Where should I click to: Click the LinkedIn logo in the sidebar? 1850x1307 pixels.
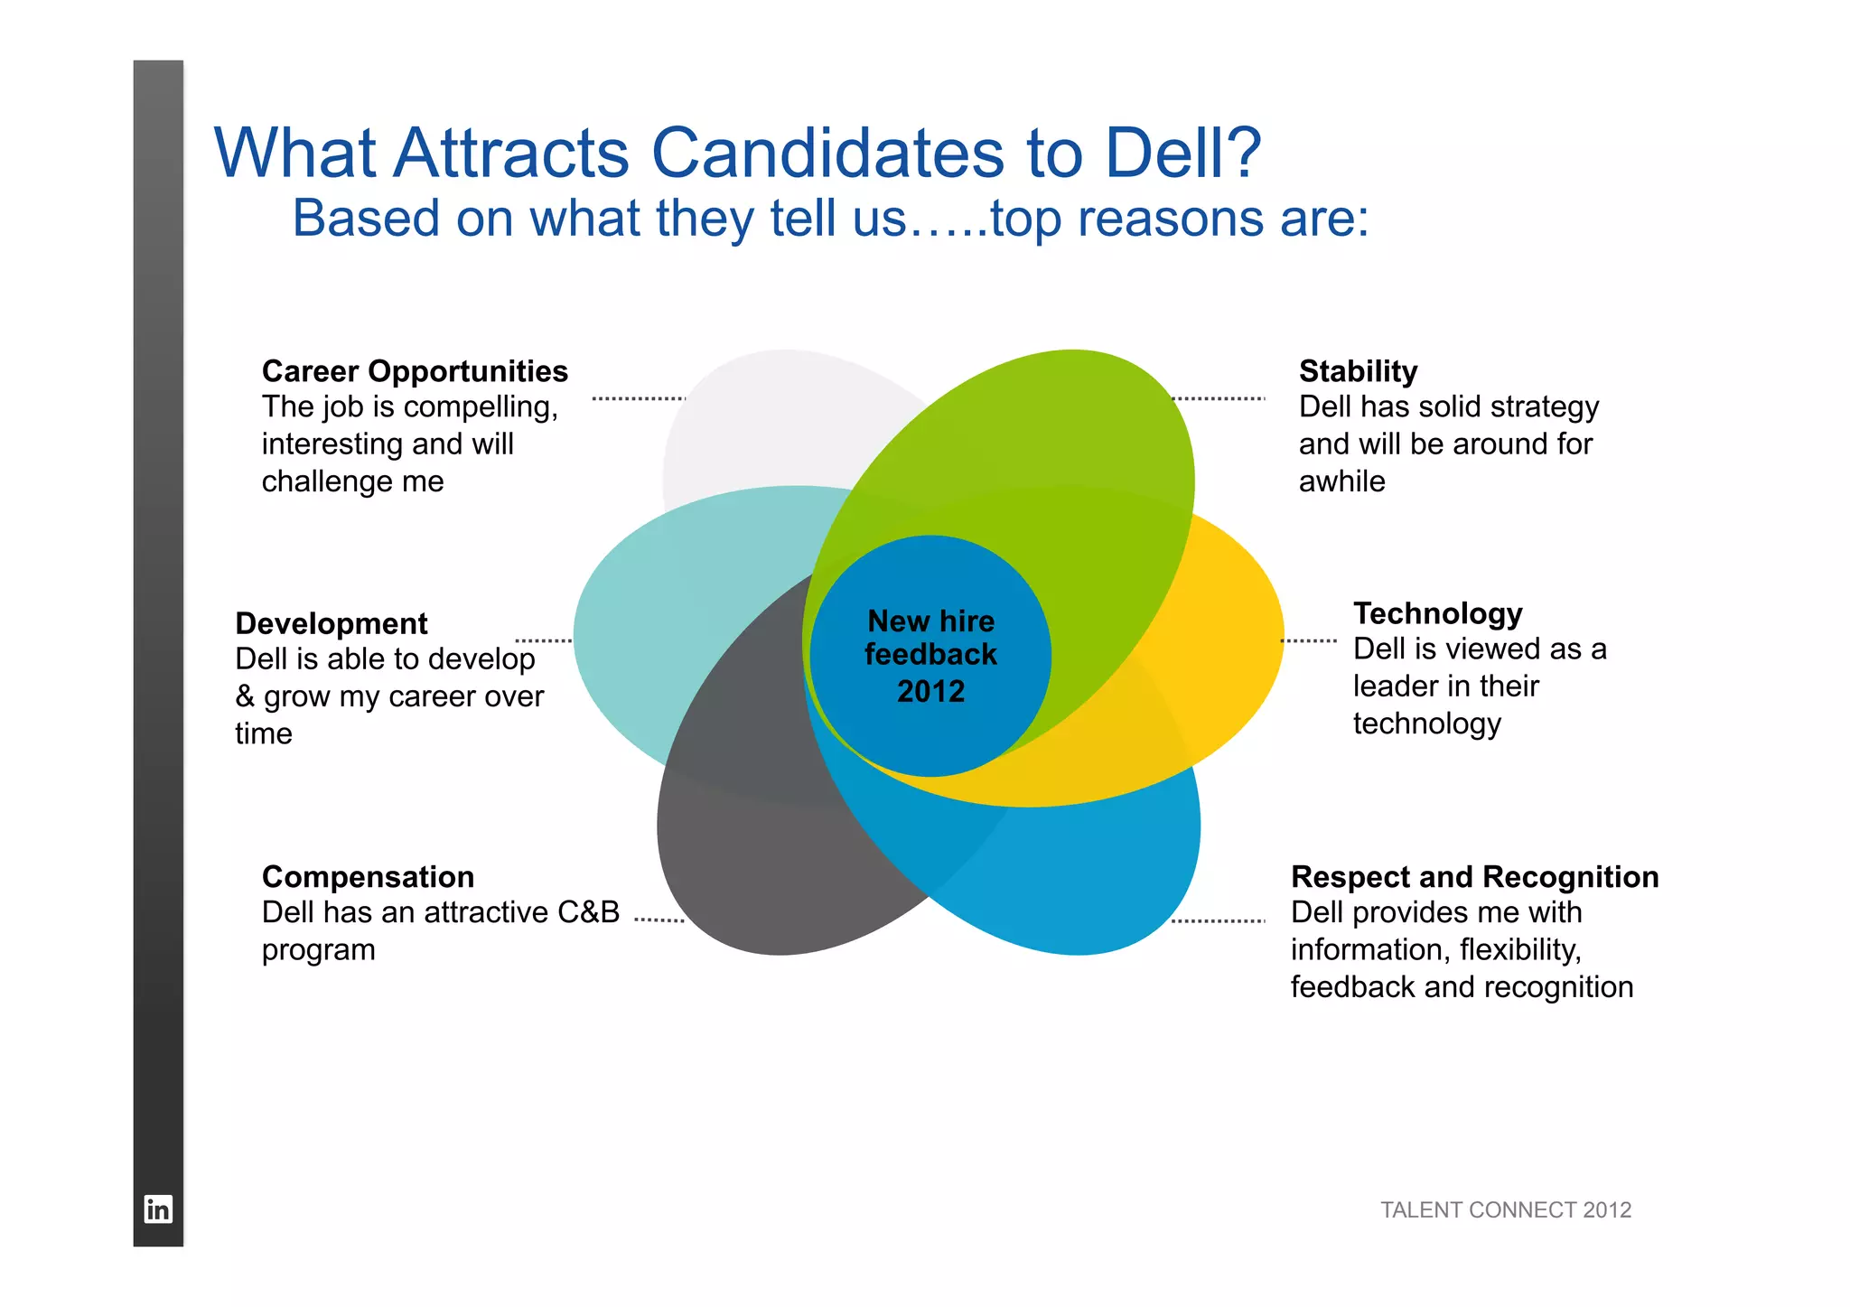point(158,1209)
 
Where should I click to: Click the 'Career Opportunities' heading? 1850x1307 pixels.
point(415,371)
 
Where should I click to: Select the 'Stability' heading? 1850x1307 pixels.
point(1358,371)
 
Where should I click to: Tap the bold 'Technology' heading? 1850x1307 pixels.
point(1437,613)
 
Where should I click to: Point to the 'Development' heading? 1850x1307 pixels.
point(332,623)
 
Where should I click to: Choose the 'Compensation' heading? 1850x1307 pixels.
point(368,877)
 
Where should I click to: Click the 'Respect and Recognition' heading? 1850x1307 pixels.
point(1474,877)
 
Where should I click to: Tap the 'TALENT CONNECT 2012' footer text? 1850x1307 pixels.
point(1506,1209)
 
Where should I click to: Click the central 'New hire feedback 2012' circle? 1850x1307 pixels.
point(930,656)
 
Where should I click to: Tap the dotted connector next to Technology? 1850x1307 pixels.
point(1309,640)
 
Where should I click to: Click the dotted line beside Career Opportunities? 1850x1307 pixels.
point(638,398)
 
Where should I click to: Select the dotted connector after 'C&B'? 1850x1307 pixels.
point(659,920)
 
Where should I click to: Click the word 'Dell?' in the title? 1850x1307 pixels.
point(1182,153)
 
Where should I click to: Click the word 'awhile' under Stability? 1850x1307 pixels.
point(1341,481)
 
